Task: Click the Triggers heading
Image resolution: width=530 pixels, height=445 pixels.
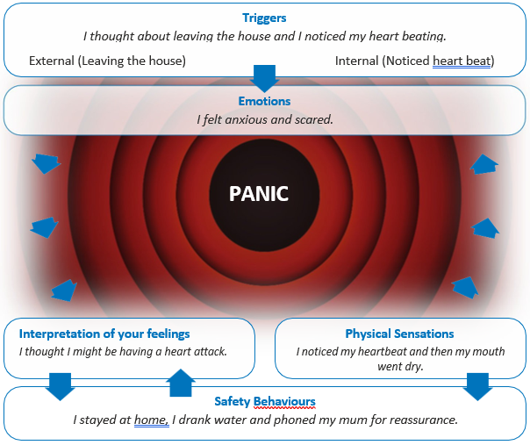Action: [x=264, y=18]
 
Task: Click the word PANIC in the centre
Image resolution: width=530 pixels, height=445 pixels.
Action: [x=259, y=194]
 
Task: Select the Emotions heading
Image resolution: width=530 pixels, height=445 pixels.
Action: [x=264, y=101]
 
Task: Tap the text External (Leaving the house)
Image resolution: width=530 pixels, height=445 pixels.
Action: [x=107, y=61]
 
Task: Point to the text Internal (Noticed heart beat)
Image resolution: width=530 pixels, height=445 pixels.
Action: [x=415, y=61]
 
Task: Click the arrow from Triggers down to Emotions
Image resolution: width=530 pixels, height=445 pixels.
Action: [x=264, y=77]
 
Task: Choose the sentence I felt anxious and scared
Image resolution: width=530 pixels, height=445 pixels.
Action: [x=264, y=118]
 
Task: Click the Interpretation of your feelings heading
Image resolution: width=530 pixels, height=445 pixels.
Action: [x=104, y=334]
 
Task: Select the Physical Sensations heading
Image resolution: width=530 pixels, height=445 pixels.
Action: [x=399, y=334]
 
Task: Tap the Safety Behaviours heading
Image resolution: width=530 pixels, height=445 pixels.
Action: [x=264, y=401]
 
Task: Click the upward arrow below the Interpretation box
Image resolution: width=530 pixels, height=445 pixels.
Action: [x=180, y=383]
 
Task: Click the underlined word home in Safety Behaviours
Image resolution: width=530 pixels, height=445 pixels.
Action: [x=150, y=420]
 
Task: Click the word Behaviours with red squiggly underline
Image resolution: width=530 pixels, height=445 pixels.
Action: [x=284, y=401]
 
